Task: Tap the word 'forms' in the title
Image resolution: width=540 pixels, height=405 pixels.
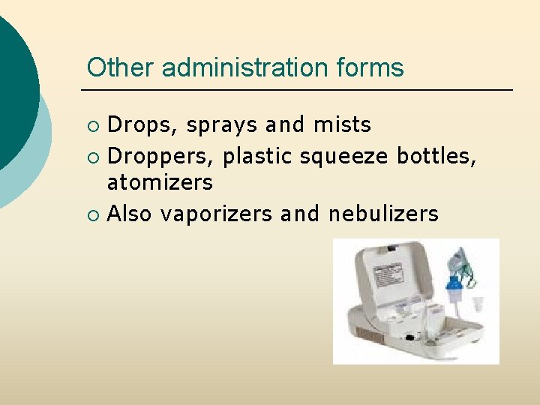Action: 370,67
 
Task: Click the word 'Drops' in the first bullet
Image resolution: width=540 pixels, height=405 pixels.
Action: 139,124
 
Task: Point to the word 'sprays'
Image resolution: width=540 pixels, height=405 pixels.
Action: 222,124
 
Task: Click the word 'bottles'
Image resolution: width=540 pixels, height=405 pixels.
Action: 436,157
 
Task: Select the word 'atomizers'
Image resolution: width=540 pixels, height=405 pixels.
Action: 160,182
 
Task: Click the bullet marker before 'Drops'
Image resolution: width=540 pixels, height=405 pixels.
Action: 92,125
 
